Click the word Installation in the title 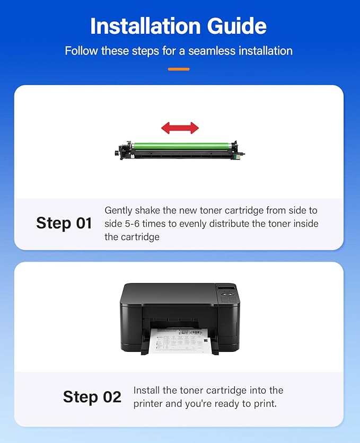pyautogui.click(x=145, y=26)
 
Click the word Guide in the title pyautogui.click(x=237, y=26)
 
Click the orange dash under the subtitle pyautogui.click(x=179, y=69)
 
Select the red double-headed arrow pyautogui.click(x=180, y=128)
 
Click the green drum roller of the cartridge pyautogui.click(x=182, y=146)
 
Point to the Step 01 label pyautogui.click(x=64, y=223)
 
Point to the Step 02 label pyautogui.click(x=92, y=397)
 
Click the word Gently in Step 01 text pyautogui.click(x=118, y=210)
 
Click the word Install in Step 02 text pyautogui.click(x=146, y=391)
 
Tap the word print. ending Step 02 pyautogui.click(x=265, y=404)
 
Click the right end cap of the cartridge pyautogui.click(x=238, y=150)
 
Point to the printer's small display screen pyautogui.click(x=226, y=288)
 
